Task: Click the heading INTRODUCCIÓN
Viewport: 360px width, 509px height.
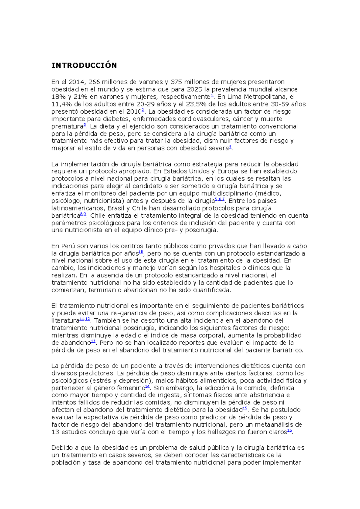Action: pos(84,66)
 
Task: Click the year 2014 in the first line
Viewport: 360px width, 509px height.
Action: pos(77,82)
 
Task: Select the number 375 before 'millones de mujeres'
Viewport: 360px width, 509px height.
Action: pos(176,82)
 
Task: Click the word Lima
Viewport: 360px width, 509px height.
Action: pos(234,97)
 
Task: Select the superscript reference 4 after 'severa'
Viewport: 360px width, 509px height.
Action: pos(230,147)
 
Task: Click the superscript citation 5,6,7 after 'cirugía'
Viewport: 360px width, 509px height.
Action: pos(220,199)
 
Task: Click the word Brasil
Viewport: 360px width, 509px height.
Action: pos(116,208)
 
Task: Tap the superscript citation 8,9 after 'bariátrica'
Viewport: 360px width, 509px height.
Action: pos(83,214)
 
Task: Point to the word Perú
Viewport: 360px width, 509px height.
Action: pos(68,246)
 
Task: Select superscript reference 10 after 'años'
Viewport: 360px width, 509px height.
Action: pos(141,252)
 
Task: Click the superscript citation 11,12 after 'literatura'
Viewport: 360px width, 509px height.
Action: pos(85,319)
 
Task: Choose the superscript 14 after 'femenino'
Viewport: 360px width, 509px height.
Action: pos(147,387)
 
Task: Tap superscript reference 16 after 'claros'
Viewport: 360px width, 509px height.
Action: pos(289,431)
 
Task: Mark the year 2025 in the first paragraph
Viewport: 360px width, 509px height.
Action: pos(194,89)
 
